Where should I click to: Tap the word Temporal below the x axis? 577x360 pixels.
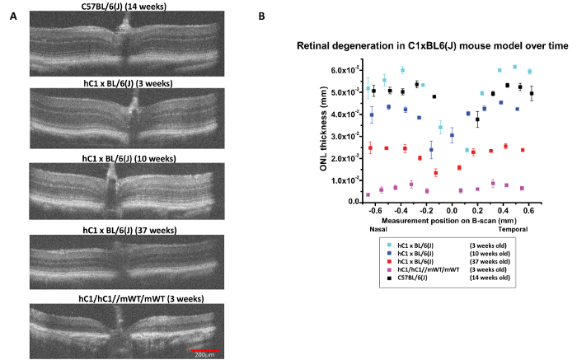pos(515,229)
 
